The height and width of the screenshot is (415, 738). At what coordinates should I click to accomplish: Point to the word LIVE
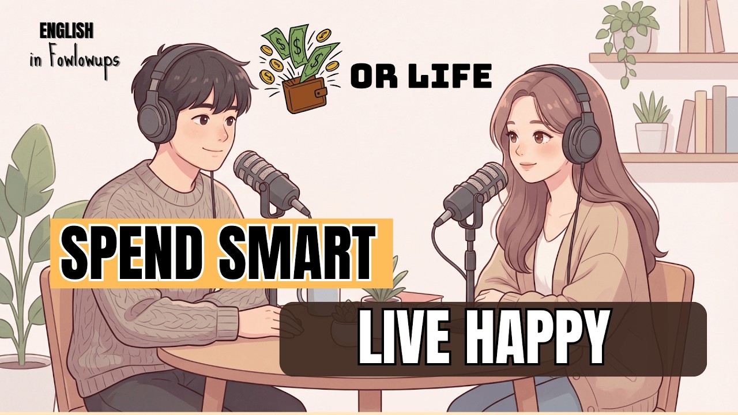404,338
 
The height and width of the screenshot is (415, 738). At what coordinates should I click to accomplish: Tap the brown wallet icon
303,94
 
